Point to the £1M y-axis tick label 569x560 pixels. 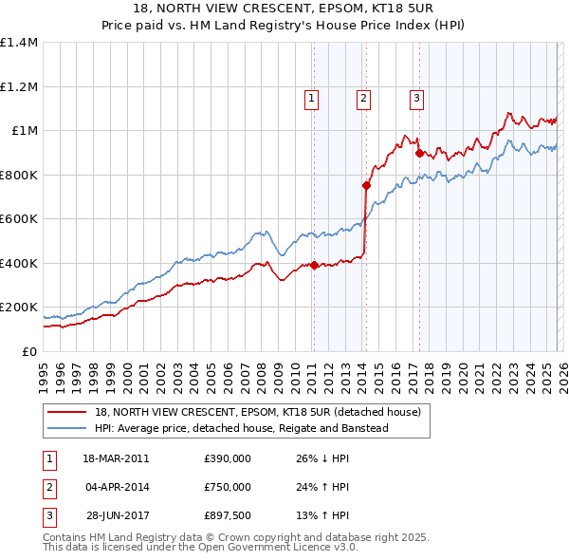click(x=24, y=131)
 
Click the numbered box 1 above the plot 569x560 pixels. click(x=312, y=96)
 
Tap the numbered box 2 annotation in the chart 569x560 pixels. click(x=364, y=96)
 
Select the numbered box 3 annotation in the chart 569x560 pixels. click(x=416, y=96)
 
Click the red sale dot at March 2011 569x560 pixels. click(x=314, y=266)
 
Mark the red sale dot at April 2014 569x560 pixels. click(x=365, y=186)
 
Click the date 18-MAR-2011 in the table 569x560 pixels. click(x=116, y=458)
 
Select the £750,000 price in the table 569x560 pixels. click(x=228, y=487)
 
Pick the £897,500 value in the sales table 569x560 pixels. click(x=228, y=515)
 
